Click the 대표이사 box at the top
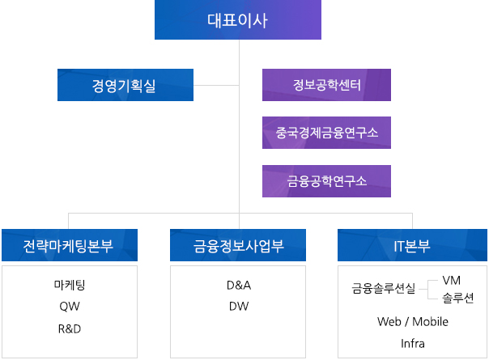[x=238, y=19]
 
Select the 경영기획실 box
[x=125, y=85]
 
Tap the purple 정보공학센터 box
[x=326, y=85]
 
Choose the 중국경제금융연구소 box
[x=326, y=133]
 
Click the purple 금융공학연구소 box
[x=326, y=181]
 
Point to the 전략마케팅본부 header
[x=70, y=245]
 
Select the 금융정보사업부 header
[x=238, y=245]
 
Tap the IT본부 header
[x=412, y=245]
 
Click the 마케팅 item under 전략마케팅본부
[x=70, y=285]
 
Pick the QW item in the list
[x=70, y=307]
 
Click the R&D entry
[x=70, y=328]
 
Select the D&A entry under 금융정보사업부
[x=239, y=286]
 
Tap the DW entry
[x=239, y=307]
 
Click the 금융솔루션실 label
[x=384, y=288]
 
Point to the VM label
[x=451, y=280]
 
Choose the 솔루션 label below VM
[x=457, y=298]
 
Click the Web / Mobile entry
[x=413, y=321]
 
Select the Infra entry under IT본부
[x=413, y=344]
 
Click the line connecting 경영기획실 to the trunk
[x=216, y=85]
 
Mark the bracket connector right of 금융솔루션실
[x=428, y=290]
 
